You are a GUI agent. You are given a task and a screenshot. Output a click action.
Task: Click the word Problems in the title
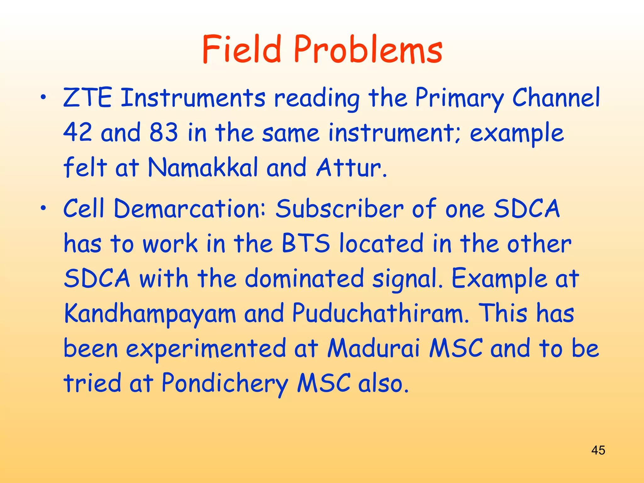(x=368, y=50)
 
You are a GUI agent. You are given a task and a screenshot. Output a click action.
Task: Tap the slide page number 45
(x=598, y=450)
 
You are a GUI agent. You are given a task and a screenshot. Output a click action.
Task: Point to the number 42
(x=78, y=132)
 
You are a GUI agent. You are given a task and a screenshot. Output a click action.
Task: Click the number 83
(x=164, y=132)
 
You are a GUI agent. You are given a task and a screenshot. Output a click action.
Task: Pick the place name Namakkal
(x=203, y=167)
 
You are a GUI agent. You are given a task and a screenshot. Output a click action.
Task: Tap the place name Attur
(x=351, y=167)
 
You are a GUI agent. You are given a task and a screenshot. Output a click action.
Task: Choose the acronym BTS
(x=306, y=243)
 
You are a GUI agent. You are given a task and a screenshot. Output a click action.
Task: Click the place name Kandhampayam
(x=150, y=314)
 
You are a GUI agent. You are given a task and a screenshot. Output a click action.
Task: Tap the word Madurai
(x=374, y=348)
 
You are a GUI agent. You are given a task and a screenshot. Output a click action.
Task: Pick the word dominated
(x=304, y=279)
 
